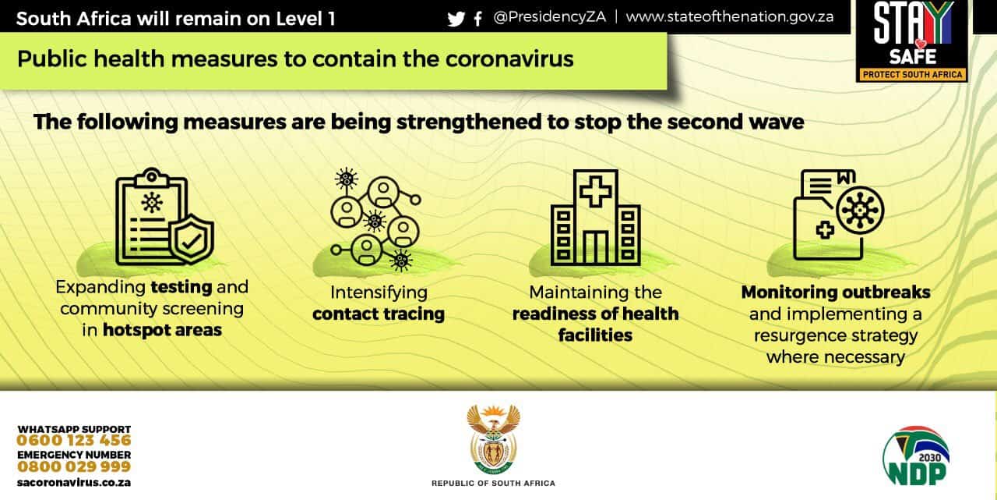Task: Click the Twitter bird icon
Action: pyautogui.click(x=456, y=19)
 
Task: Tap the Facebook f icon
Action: pyautogui.click(x=478, y=19)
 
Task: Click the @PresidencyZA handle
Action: pyautogui.click(x=549, y=17)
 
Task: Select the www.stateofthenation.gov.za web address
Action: pyautogui.click(x=730, y=17)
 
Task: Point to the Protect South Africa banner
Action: pyautogui.click(x=912, y=74)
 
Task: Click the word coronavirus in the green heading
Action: pyautogui.click(x=509, y=59)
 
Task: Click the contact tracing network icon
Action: pyautogui.click(x=375, y=219)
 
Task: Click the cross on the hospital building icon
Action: pyautogui.click(x=596, y=192)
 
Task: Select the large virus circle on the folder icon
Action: pyautogui.click(x=860, y=211)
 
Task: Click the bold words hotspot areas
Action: pyautogui.click(x=162, y=330)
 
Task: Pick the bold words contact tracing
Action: pyautogui.click(x=379, y=314)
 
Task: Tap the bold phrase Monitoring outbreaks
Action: pyautogui.click(x=836, y=293)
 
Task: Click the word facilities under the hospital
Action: pyautogui.click(x=595, y=335)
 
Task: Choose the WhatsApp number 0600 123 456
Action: pyautogui.click(x=74, y=440)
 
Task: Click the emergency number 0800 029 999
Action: pyautogui.click(x=74, y=466)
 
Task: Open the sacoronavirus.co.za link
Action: pyautogui.click(x=74, y=483)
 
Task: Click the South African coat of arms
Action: pyautogui.click(x=493, y=439)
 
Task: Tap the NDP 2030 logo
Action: pyautogui.click(x=915, y=456)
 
